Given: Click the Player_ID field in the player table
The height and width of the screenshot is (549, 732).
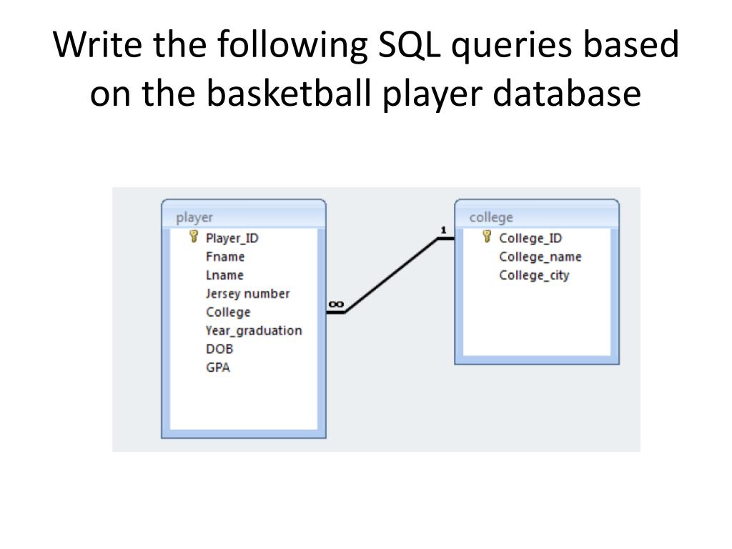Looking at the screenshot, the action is pyautogui.click(x=232, y=238).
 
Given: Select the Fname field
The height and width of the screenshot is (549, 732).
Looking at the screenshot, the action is pyautogui.click(x=225, y=257).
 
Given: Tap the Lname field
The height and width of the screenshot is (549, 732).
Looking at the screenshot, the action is pyautogui.click(x=224, y=275).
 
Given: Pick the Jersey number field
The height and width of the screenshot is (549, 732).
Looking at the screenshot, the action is pyautogui.click(x=247, y=294).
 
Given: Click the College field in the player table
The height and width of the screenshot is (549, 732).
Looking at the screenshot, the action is pyautogui.click(x=228, y=312).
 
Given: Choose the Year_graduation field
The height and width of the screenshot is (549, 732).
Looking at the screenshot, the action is pyautogui.click(x=254, y=330).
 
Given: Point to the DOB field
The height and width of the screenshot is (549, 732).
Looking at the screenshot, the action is pyautogui.click(x=219, y=349).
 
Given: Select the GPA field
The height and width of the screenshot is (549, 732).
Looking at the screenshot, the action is pyautogui.click(x=217, y=367).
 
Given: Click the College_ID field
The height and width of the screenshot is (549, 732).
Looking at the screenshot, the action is pyautogui.click(x=530, y=238).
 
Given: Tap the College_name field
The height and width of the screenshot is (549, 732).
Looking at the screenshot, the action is pyautogui.click(x=540, y=257).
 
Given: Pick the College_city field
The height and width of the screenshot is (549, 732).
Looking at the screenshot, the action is pyautogui.click(x=534, y=275).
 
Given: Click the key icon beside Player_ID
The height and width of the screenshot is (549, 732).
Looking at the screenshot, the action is pyautogui.click(x=193, y=237).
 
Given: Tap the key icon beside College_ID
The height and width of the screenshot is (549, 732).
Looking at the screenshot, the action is pyautogui.click(x=487, y=237).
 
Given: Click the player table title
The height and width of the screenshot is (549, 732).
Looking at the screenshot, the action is pyautogui.click(x=194, y=217).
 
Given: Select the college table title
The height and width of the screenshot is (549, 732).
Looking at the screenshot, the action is pyautogui.click(x=491, y=217).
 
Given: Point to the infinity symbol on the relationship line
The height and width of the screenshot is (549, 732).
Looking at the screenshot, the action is pyautogui.click(x=335, y=305).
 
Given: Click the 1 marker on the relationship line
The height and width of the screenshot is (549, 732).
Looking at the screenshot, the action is pyautogui.click(x=443, y=229).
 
